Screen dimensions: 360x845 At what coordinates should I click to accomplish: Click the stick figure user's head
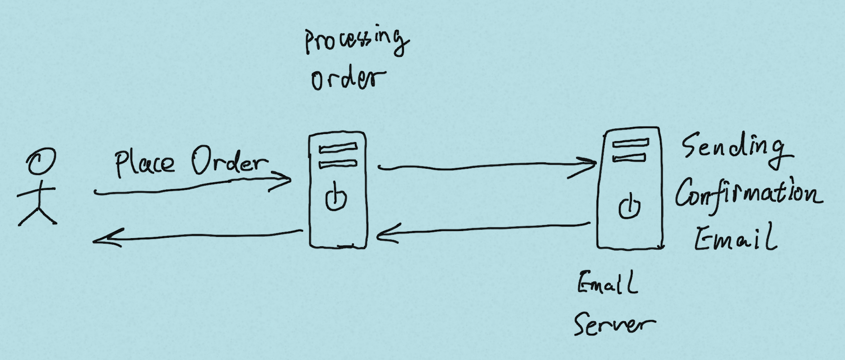(x=41, y=162)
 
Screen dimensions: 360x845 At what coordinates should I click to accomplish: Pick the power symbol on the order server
(x=336, y=198)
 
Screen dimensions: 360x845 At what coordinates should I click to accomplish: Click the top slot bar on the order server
(x=338, y=148)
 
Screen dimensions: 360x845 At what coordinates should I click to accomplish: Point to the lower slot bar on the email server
(x=629, y=157)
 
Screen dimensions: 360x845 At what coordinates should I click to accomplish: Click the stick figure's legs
(x=38, y=216)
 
